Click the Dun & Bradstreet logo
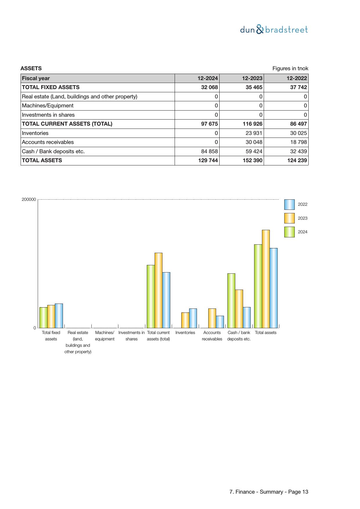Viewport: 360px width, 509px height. (274, 30)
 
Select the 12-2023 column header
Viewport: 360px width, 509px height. (252, 78)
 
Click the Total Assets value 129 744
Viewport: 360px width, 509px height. (208, 160)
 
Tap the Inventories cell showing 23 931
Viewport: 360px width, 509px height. (254, 133)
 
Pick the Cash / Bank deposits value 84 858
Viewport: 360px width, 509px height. (209, 151)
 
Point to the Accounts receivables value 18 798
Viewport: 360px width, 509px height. (299, 142)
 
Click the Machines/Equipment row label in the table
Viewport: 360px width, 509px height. (48, 106)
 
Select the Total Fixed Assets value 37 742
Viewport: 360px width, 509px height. (299, 87)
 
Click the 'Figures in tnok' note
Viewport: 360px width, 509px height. (290, 68)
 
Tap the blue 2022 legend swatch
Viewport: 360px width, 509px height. (289, 205)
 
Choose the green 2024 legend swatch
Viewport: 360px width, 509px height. (289, 232)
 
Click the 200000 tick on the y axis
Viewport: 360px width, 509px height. (29, 200)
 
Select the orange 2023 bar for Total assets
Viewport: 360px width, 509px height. (266, 279)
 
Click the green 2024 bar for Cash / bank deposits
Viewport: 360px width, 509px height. (231, 300)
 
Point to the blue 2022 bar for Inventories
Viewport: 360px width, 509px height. (193, 318)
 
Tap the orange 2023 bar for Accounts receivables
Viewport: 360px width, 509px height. (212, 318)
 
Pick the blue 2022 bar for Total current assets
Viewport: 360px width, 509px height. (166, 300)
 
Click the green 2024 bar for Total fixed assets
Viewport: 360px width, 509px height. (44, 317)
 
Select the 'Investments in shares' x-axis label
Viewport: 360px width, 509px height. (131, 336)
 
